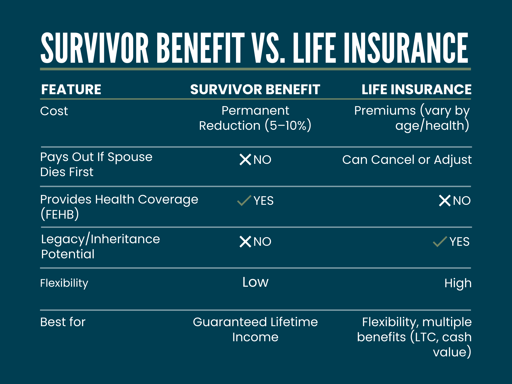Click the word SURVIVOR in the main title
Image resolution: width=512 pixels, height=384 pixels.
pyautogui.click(x=95, y=48)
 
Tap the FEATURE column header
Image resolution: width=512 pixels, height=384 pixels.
pyautogui.click(x=71, y=89)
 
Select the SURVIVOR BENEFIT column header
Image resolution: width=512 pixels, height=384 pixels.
pyautogui.click(x=255, y=89)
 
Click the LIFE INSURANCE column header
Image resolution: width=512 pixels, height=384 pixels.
pyautogui.click(x=416, y=89)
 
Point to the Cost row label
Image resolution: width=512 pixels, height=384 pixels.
pyautogui.click(x=54, y=111)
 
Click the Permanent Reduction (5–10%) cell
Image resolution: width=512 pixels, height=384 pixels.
pyautogui.click(x=255, y=118)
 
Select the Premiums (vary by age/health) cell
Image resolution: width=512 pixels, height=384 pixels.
pyautogui.click(x=412, y=118)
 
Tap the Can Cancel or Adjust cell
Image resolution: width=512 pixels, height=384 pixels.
pyautogui.click(x=407, y=160)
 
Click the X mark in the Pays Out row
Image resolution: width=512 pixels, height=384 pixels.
pyautogui.click(x=245, y=160)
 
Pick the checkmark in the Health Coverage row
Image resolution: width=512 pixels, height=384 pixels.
pyautogui.click(x=244, y=200)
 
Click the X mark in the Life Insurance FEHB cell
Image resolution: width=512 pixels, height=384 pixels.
pyautogui.click(x=445, y=200)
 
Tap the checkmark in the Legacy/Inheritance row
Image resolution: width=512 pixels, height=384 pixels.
pyautogui.click(x=440, y=241)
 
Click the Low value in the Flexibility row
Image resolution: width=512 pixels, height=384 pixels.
pyautogui.click(x=255, y=282)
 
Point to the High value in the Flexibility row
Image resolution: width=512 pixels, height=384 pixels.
pyautogui.click(x=458, y=283)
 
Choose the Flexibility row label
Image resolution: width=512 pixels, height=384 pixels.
pyautogui.click(x=64, y=283)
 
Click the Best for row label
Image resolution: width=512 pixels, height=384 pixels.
pyautogui.click(x=63, y=322)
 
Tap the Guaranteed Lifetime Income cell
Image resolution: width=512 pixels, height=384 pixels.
pyautogui.click(x=255, y=329)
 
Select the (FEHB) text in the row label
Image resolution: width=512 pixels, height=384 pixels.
pyautogui.click(x=60, y=214)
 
